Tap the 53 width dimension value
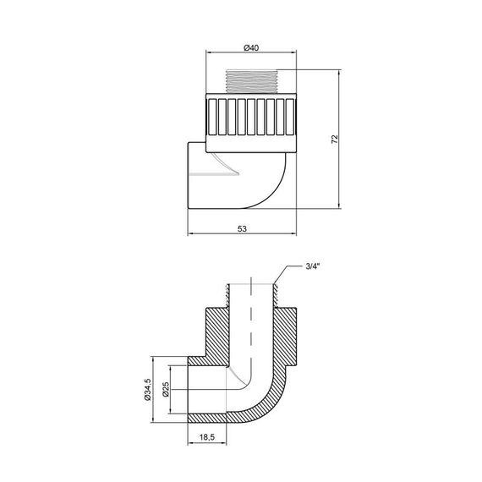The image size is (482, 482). pyautogui.click(x=243, y=228)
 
